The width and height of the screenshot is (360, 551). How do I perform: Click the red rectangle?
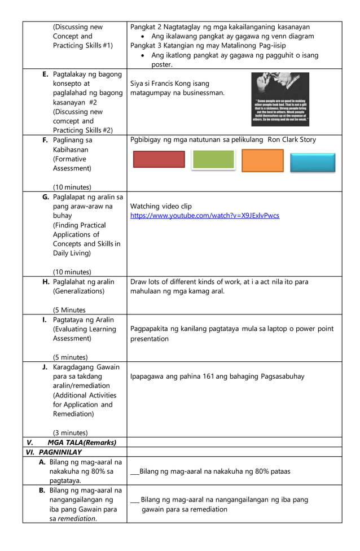click(x=159, y=159)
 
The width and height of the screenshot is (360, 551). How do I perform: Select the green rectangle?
click(x=213, y=160)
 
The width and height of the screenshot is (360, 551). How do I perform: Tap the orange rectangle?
click(x=262, y=160)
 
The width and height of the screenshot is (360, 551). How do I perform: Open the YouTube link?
click(x=204, y=216)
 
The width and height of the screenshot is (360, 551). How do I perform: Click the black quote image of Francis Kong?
click(x=280, y=99)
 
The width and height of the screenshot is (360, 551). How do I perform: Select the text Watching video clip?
click(x=161, y=207)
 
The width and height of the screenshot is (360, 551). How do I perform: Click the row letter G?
click(x=46, y=197)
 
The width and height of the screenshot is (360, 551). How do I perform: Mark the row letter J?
click(x=45, y=367)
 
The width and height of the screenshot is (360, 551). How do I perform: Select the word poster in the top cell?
click(x=161, y=65)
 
